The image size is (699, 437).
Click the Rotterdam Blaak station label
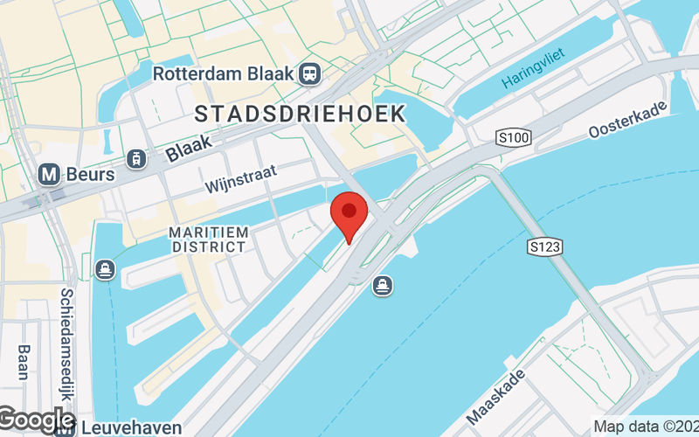coord(223,73)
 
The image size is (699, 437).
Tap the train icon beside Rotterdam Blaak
coord(308,73)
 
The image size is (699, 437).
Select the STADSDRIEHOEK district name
coord(300,114)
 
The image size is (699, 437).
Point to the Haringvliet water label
coord(534,69)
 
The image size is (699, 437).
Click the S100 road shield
coord(513,137)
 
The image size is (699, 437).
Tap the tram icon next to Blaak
coord(135,158)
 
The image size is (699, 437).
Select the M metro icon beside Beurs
coord(51,175)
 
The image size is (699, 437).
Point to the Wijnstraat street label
coord(240,180)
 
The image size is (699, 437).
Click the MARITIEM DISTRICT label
coord(209,239)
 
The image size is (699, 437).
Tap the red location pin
coord(350,215)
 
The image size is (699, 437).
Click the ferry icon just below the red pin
coord(382,285)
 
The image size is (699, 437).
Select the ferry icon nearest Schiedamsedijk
coord(106,267)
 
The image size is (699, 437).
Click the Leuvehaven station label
coord(132,427)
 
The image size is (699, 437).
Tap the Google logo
coord(37,420)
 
